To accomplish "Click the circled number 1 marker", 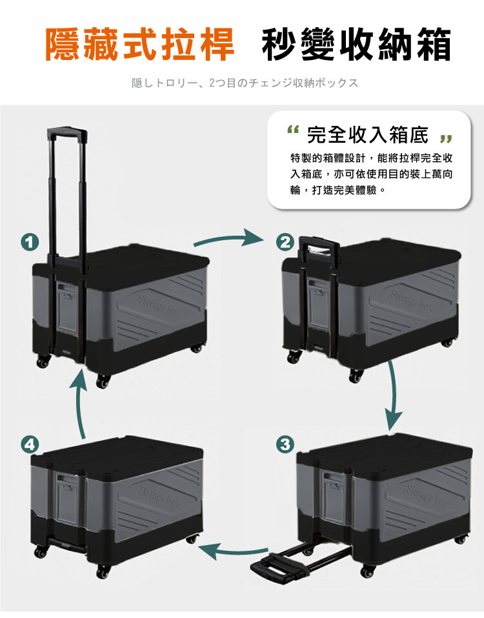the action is click(x=30, y=242).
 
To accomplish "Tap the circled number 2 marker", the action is click(x=285, y=242).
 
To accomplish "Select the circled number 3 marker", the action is click(x=285, y=444).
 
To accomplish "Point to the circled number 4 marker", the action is click(x=30, y=444).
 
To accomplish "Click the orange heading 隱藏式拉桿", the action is click(x=140, y=45).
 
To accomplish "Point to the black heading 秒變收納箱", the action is click(x=356, y=45).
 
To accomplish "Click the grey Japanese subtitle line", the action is click(x=245, y=83).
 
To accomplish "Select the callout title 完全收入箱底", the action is click(x=368, y=135).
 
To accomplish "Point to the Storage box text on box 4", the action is click(x=157, y=496).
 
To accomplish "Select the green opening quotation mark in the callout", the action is click(x=294, y=129).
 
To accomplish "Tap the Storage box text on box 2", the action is click(x=410, y=300).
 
